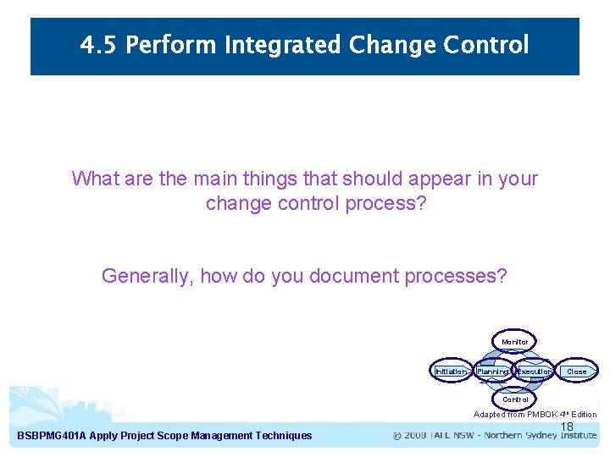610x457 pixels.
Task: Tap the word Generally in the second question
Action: click(x=147, y=276)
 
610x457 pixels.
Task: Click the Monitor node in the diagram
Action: click(x=514, y=342)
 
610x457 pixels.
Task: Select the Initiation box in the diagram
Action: click(x=451, y=372)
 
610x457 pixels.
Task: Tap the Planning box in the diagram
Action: click(x=492, y=372)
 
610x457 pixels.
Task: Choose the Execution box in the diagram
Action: click(x=535, y=372)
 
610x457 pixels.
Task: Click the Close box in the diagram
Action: click(x=576, y=372)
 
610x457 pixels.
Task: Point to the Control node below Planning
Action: click(x=514, y=399)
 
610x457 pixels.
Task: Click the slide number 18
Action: click(x=567, y=427)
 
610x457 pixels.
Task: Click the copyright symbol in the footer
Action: click(x=398, y=436)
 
